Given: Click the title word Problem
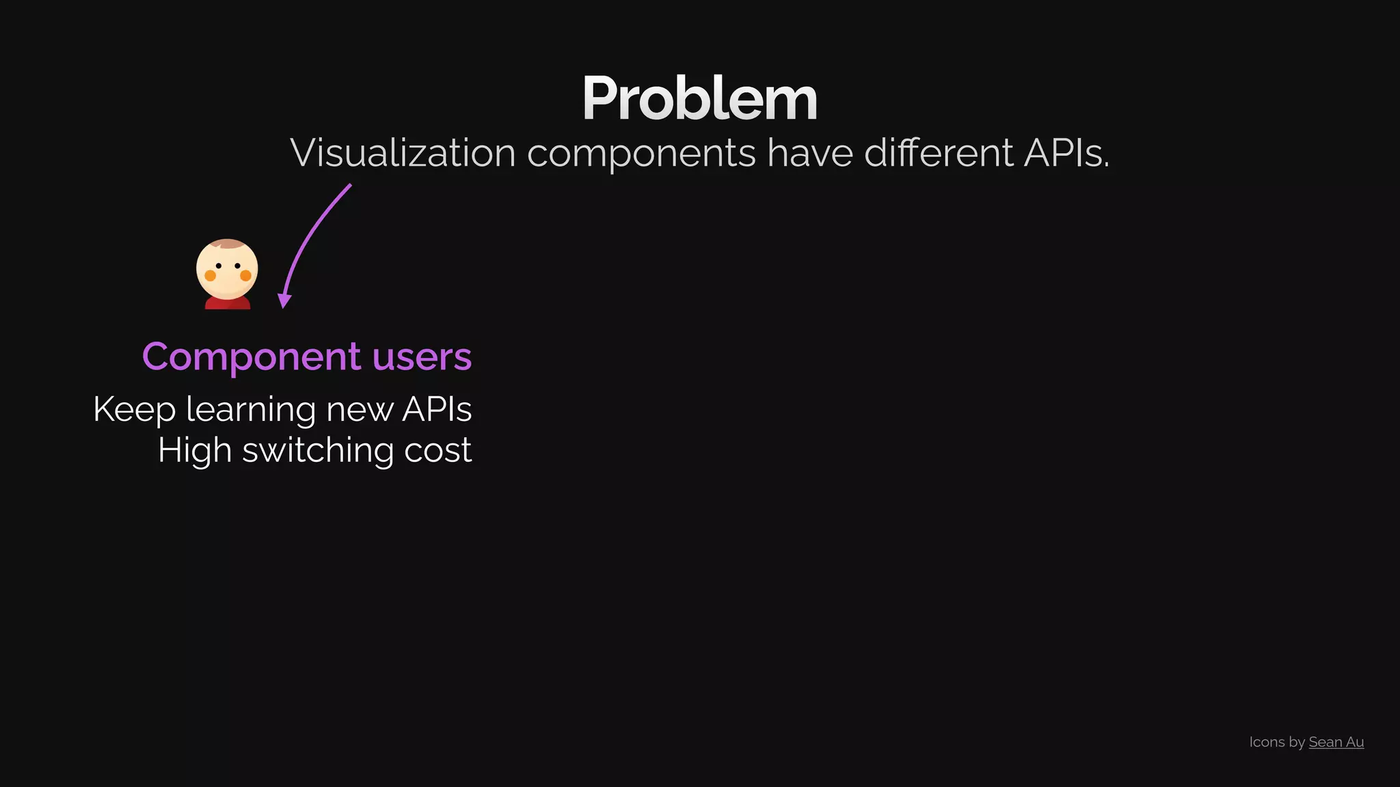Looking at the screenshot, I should [x=699, y=99].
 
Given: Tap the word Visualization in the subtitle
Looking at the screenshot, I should [x=403, y=152].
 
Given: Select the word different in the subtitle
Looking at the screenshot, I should [x=939, y=152].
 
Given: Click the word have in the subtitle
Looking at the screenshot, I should [x=809, y=152].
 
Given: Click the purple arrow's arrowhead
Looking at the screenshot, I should [x=284, y=301].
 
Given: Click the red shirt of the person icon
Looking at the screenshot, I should [x=228, y=303].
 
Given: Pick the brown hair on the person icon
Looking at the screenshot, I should [x=228, y=244].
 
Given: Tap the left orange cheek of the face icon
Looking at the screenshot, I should [x=211, y=275].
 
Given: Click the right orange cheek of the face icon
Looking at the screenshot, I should [x=245, y=275].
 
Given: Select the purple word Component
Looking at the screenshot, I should [x=251, y=357].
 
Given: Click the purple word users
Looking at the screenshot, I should [x=422, y=357].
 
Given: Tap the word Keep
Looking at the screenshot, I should [x=134, y=410].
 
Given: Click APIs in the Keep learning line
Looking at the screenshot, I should [x=437, y=410].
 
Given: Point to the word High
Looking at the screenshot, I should [x=194, y=451].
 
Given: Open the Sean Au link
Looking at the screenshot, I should [x=1336, y=742].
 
